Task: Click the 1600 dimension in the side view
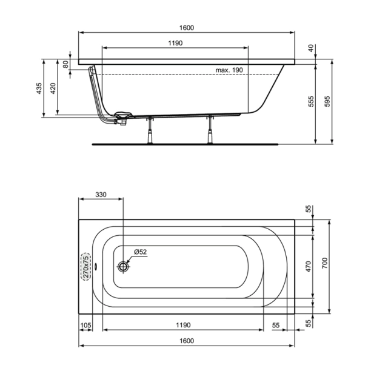186,28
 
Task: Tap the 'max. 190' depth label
229,70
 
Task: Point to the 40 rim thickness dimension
311,48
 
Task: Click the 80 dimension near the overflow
65,65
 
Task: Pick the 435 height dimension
39,89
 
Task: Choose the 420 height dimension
53,89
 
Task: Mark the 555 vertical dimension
311,102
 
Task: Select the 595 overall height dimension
328,102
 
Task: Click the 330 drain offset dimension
101,195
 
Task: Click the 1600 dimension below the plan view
186,341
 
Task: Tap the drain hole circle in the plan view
124,266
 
